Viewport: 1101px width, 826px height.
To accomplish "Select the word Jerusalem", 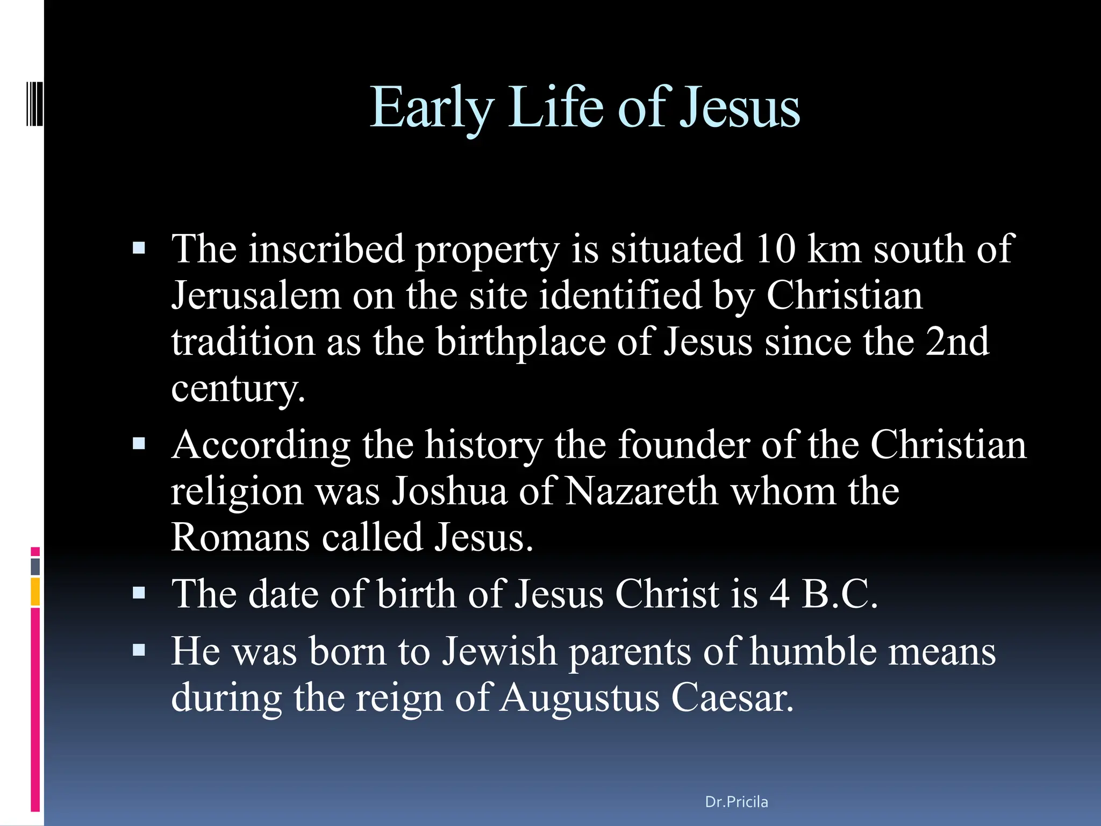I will pos(256,296).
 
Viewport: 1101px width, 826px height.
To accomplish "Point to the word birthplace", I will pos(521,343).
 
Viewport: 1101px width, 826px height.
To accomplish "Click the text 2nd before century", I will pos(957,342).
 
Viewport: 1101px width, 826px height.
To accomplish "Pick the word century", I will pos(238,388).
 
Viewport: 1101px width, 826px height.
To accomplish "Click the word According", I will pos(261,446).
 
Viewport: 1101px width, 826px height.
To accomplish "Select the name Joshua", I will pos(449,492).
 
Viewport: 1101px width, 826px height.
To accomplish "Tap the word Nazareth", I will pos(642,492).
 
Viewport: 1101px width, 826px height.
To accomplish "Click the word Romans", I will pos(240,537).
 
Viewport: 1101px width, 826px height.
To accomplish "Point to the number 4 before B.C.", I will pos(780,594).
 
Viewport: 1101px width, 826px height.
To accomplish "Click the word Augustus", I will pos(580,698).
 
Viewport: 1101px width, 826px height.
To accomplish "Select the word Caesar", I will pos(732,698).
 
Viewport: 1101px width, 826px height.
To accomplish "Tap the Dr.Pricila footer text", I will pos(736,802).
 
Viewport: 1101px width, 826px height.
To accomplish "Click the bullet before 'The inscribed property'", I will pos(139,248).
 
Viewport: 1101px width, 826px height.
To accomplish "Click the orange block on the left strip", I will pos(35,592).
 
